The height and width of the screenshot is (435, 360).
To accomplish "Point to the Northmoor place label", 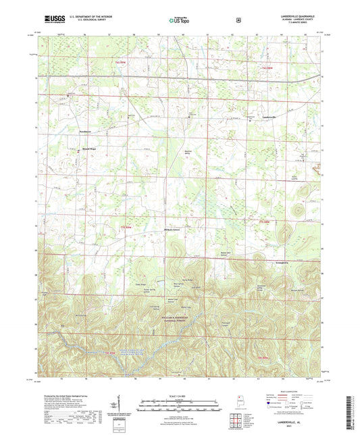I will [x=83, y=131].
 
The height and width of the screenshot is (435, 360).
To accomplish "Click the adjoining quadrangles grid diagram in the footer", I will [x=237, y=422].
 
